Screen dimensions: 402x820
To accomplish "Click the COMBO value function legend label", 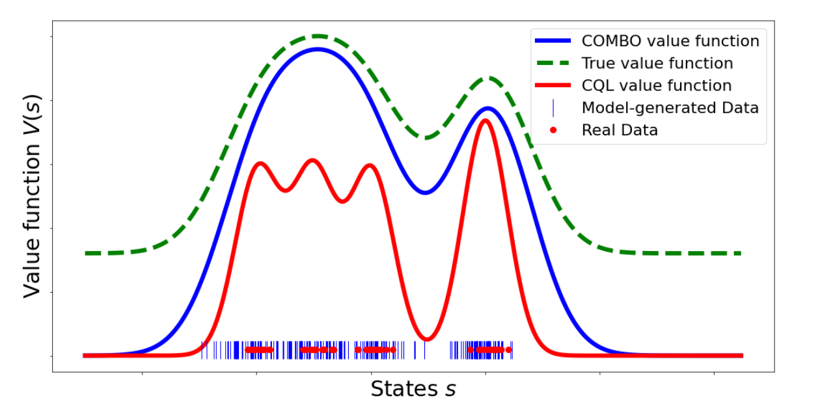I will (670, 41).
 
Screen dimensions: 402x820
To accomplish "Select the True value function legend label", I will (657, 63).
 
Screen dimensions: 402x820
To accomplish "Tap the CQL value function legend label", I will (657, 85).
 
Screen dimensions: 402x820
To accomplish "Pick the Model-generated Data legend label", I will (670, 107).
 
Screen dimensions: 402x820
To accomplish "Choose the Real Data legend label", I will (620, 130).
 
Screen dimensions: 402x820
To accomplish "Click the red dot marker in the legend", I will (553, 130).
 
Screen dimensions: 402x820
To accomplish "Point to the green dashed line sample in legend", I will (553, 63).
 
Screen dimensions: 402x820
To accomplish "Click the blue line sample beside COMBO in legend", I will (553, 41).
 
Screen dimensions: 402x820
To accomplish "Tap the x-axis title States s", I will (413, 389).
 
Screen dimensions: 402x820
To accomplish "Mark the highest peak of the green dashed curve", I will (317, 36).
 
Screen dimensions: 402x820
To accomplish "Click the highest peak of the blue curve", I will (318, 49).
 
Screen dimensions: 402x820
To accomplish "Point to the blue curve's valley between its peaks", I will (425, 193).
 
